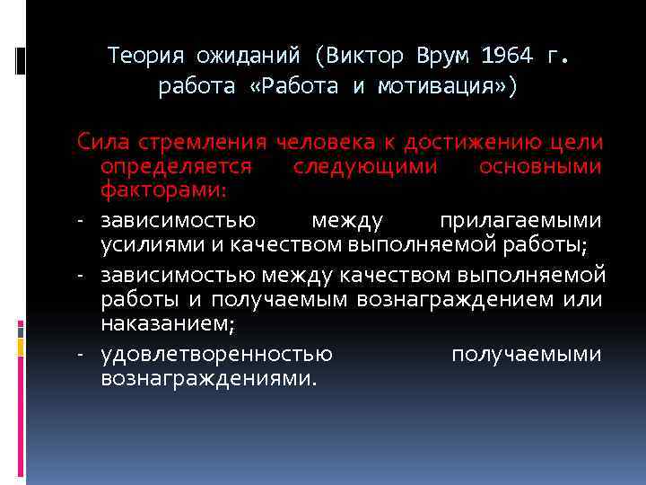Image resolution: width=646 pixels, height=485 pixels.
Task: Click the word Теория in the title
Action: (x=144, y=56)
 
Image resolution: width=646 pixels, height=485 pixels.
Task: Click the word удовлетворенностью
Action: (x=216, y=354)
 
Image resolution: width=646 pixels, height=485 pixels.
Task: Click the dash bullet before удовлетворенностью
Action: (x=81, y=354)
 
